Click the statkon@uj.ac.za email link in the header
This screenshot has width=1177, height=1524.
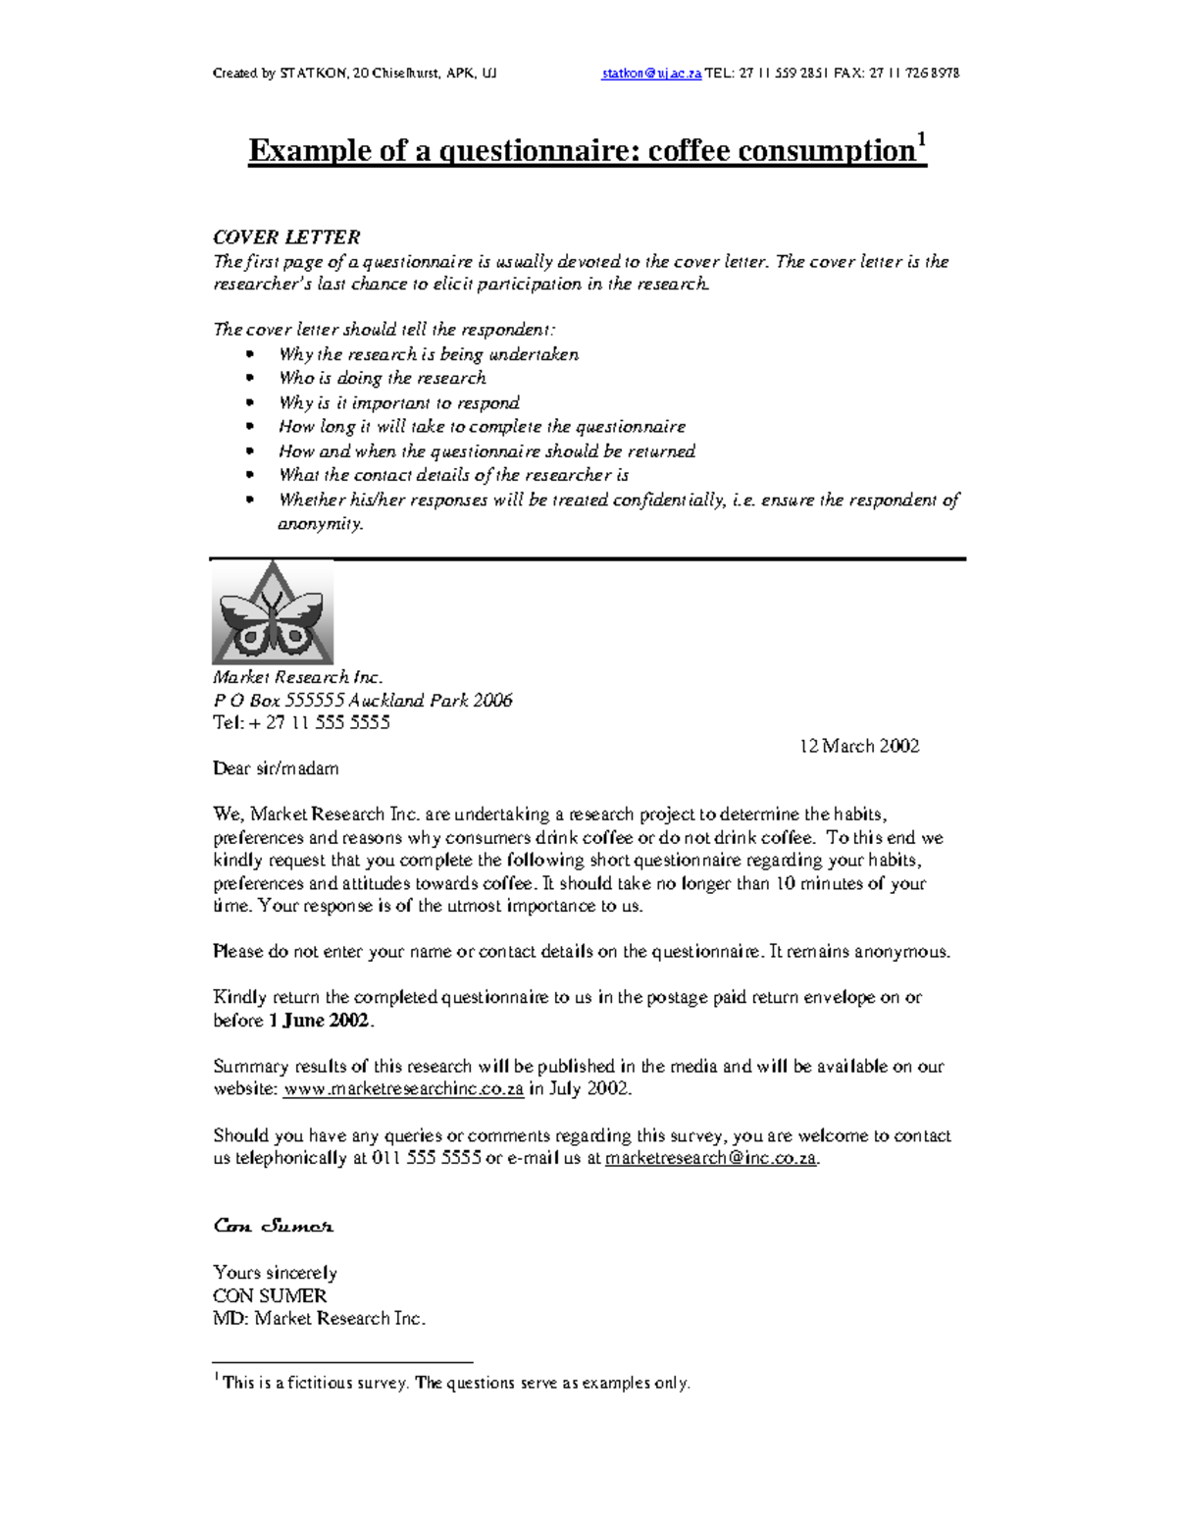click(x=651, y=74)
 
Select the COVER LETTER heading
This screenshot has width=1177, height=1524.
click(x=286, y=237)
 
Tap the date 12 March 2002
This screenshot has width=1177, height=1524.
click(x=859, y=746)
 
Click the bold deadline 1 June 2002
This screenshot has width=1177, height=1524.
click(x=319, y=1021)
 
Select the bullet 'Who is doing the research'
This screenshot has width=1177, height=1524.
click(x=383, y=379)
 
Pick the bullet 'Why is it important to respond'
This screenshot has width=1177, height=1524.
click(x=399, y=402)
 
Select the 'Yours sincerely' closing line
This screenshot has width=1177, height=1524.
click(x=275, y=1273)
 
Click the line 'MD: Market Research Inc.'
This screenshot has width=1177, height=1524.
click(x=320, y=1318)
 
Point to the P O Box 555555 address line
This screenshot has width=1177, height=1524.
click(x=362, y=701)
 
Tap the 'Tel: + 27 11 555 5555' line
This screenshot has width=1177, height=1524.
click(x=301, y=723)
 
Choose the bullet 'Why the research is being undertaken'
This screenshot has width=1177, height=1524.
click(x=429, y=354)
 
